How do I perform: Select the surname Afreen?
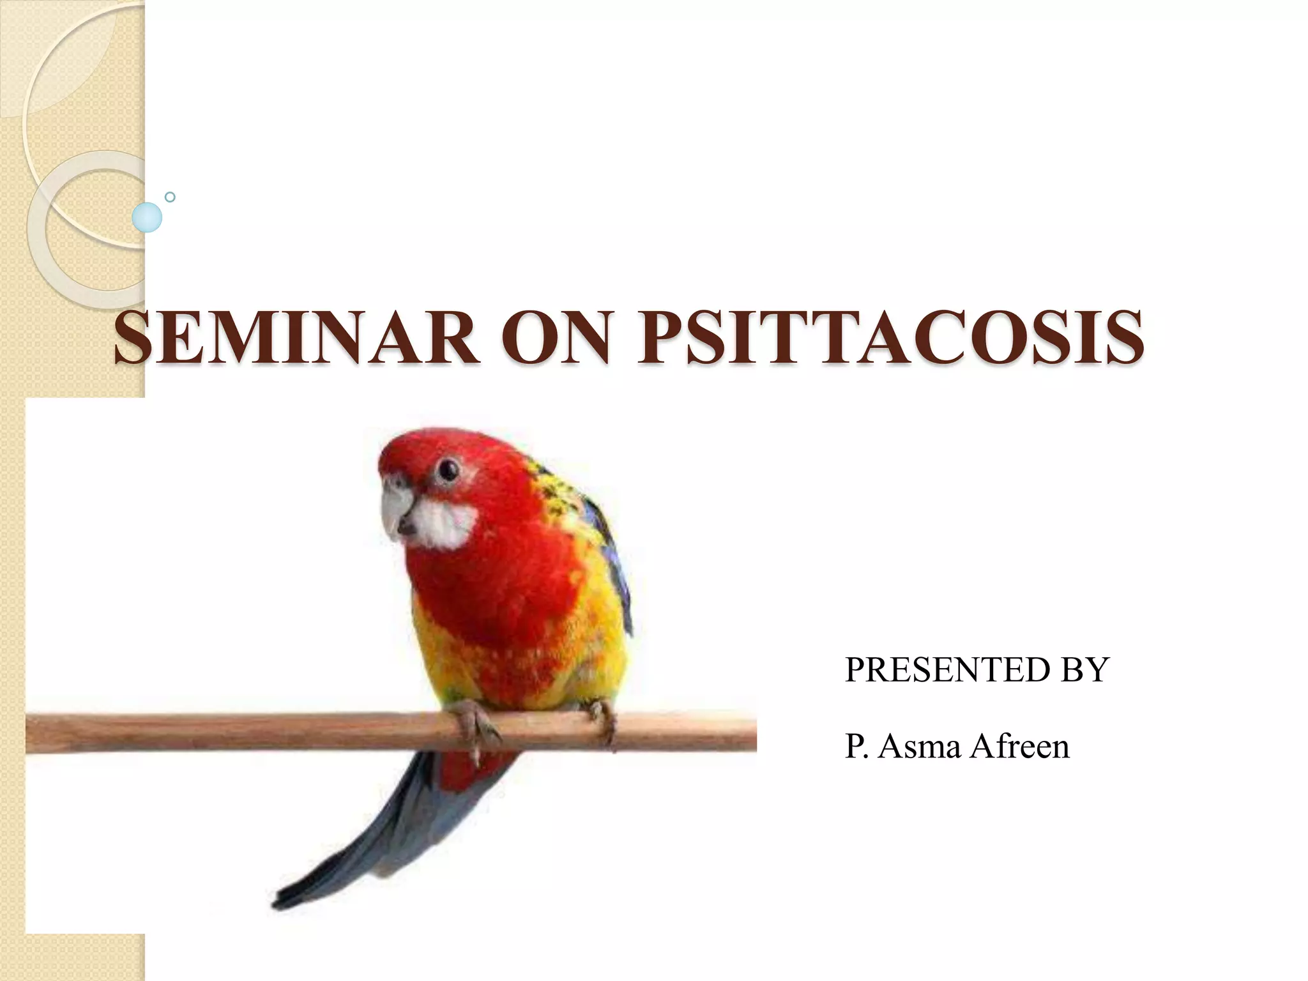point(1019,746)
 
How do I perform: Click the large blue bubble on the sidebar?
point(147,217)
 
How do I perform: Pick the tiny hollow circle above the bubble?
point(170,197)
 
